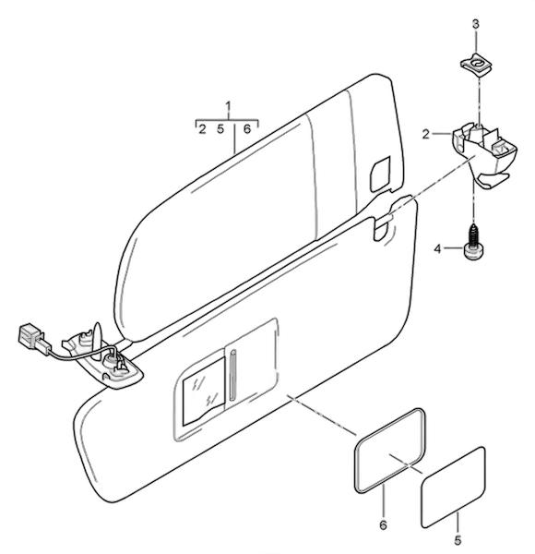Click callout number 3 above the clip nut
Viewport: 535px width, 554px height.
pos(476,24)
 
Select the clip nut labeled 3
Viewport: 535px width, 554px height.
pos(476,66)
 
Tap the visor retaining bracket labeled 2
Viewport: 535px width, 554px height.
pos(483,153)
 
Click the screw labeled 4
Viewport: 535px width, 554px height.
pos(473,243)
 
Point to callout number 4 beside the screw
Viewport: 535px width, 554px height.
pos(437,249)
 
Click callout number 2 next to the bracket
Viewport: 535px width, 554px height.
pos(426,134)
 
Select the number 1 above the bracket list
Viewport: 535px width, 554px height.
pos(229,107)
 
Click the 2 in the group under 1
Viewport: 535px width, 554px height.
pos(202,129)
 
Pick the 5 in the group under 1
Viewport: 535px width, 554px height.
pos(220,129)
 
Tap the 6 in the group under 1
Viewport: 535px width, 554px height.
pos(247,129)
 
